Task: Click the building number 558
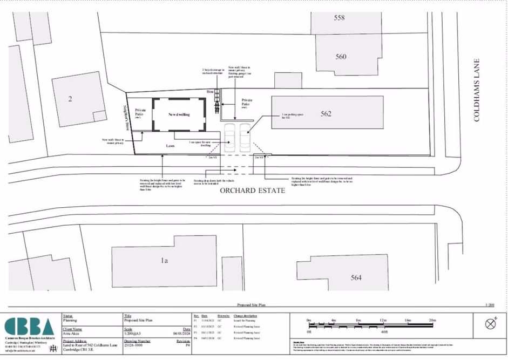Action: click(x=339, y=18)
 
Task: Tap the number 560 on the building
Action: click(x=341, y=57)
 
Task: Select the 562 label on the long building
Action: click(x=326, y=114)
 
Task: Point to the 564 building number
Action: click(x=356, y=277)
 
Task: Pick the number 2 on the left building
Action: click(x=70, y=99)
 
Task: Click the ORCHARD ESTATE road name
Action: click(x=252, y=191)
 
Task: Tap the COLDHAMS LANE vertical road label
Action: click(x=477, y=90)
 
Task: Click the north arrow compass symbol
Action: click(x=491, y=324)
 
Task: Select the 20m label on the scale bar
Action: click(x=432, y=321)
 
